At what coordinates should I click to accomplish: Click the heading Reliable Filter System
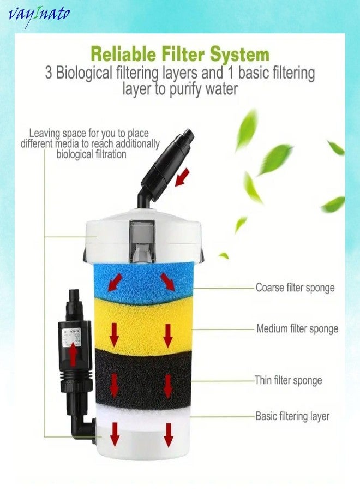(x=179, y=54)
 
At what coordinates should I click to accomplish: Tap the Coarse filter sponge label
(x=295, y=287)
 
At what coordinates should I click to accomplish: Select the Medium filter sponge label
(x=297, y=329)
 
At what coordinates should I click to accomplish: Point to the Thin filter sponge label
(x=288, y=380)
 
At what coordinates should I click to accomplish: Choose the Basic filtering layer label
(x=292, y=416)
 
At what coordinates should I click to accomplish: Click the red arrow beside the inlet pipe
(x=183, y=176)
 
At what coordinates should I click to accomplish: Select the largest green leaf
(x=275, y=159)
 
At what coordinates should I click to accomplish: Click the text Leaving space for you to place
(x=89, y=133)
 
